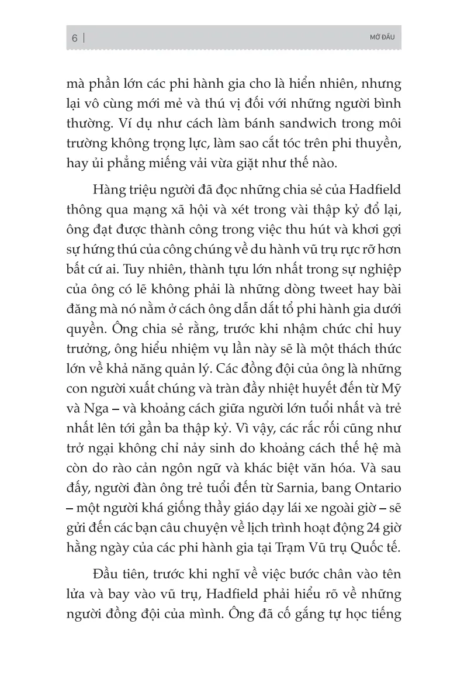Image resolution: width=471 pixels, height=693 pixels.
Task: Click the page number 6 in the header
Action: (74, 39)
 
